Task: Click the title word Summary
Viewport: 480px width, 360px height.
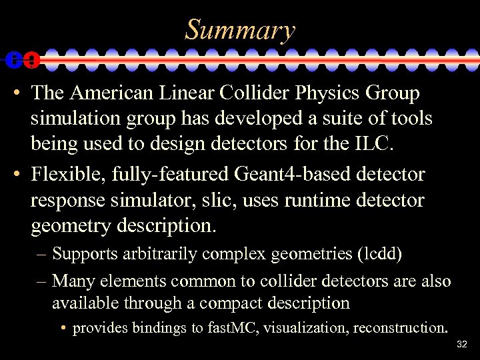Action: click(240, 30)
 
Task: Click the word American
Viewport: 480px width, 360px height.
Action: click(119, 94)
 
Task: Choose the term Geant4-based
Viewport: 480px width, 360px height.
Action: click(294, 175)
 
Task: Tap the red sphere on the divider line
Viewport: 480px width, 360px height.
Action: click(30, 60)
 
